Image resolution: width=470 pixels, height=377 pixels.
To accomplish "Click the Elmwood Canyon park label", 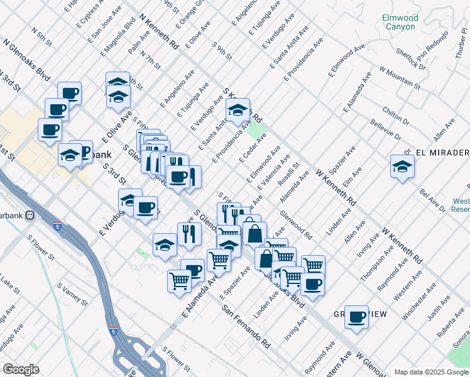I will (x=399, y=23).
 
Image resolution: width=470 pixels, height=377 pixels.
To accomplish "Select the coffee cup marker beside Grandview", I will (x=356, y=317).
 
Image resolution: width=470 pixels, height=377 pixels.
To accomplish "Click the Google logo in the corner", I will (x=21, y=369).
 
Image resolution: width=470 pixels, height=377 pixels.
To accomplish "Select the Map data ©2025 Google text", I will (x=431, y=372).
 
